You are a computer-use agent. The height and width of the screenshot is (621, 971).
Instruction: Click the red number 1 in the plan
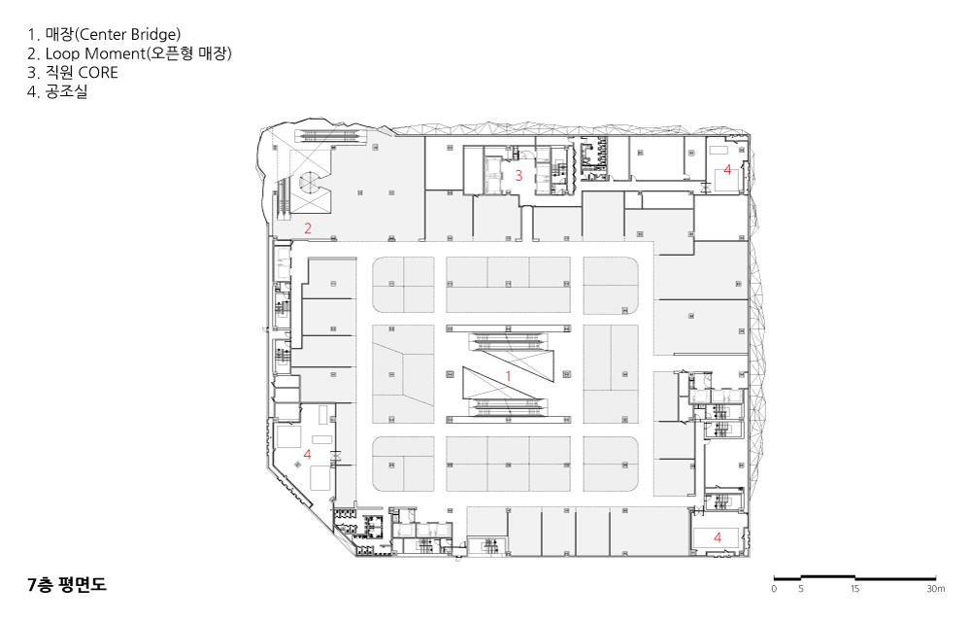(x=509, y=376)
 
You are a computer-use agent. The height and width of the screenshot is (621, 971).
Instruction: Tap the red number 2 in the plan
(x=308, y=228)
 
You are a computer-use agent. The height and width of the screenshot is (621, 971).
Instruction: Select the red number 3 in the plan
(x=519, y=175)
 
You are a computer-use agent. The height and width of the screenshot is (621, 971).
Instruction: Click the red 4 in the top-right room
(x=727, y=169)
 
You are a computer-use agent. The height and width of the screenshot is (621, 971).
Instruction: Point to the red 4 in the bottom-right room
(x=718, y=536)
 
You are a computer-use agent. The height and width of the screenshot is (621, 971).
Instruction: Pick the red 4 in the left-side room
(x=307, y=454)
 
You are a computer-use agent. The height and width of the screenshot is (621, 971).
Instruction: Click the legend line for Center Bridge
(x=104, y=34)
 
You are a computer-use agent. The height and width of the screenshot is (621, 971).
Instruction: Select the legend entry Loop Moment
(x=129, y=53)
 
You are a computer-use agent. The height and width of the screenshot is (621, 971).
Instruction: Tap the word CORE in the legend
(x=98, y=73)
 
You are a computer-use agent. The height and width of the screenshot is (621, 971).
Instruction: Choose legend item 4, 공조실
(x=57, y=91)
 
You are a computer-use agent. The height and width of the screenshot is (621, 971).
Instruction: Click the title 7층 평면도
(x=67, y=584)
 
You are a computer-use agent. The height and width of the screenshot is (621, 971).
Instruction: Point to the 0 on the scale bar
(x=774, y=589)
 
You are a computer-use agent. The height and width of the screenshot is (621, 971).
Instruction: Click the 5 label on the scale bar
(x=801, y=589)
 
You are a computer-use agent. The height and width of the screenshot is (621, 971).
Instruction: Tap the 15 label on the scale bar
(x=854, y=589)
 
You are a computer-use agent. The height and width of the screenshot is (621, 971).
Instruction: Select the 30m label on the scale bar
(x=936, y=589)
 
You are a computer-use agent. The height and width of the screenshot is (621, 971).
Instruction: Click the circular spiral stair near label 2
(x=312, y=182)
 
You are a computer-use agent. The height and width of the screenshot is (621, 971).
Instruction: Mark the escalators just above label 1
(x=509, y=339)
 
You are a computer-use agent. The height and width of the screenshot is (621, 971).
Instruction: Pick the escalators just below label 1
(x=509, y=406)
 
